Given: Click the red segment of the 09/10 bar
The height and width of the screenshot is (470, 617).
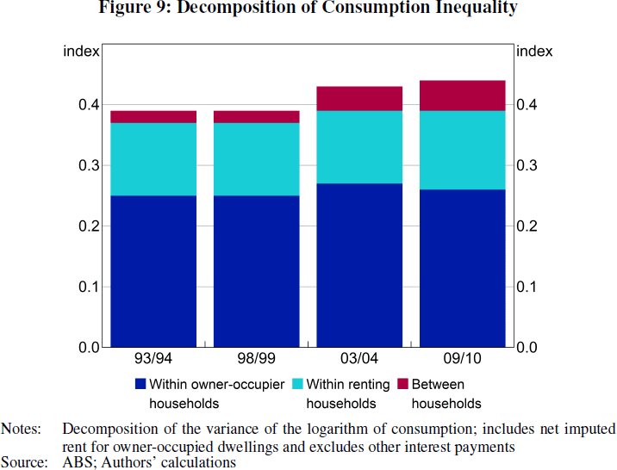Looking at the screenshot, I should pyautogui.click(x=462, y=96).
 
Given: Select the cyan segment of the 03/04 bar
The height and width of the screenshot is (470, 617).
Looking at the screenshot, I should pyautogui.click(x=359, y=147).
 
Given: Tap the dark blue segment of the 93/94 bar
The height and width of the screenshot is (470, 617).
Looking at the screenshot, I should pyautogui.click(x=153, y=271).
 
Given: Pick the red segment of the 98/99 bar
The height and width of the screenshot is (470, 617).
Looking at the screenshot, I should pyautogui.click(x=256, y=117).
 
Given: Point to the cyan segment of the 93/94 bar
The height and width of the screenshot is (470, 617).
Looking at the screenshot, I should pyautogui.click(x=153, y=159).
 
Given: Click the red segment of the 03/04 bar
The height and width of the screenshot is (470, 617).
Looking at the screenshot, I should pyautogui.click(x=359, y=99).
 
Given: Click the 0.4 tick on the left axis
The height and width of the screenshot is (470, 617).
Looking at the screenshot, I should pyautogui.click(x=90, y=105).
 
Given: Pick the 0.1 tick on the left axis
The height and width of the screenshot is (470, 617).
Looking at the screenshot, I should pyautogui.click(x=90, y=287).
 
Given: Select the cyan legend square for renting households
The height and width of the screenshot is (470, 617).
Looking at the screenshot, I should pyautogui.click(x=298, y=384).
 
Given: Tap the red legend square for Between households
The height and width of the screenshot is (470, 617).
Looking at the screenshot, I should pyautogui.click(x=403, y=384).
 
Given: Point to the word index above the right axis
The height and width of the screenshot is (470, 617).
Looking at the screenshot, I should pyautogui.click(x=533, y=52).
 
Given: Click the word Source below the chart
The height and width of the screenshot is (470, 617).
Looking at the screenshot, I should pyautogui.click(x=23, y=462).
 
